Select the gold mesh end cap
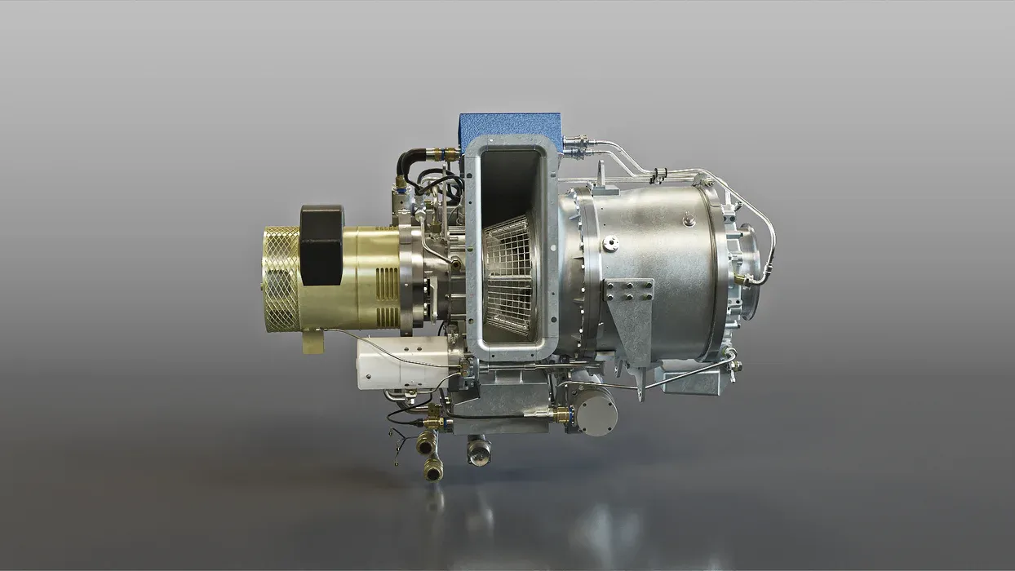pos(281,274)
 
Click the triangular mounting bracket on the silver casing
pos(632,314)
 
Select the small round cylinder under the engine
pos(596,412)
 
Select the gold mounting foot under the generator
pos(312,340)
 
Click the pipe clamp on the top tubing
pos(659,174)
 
